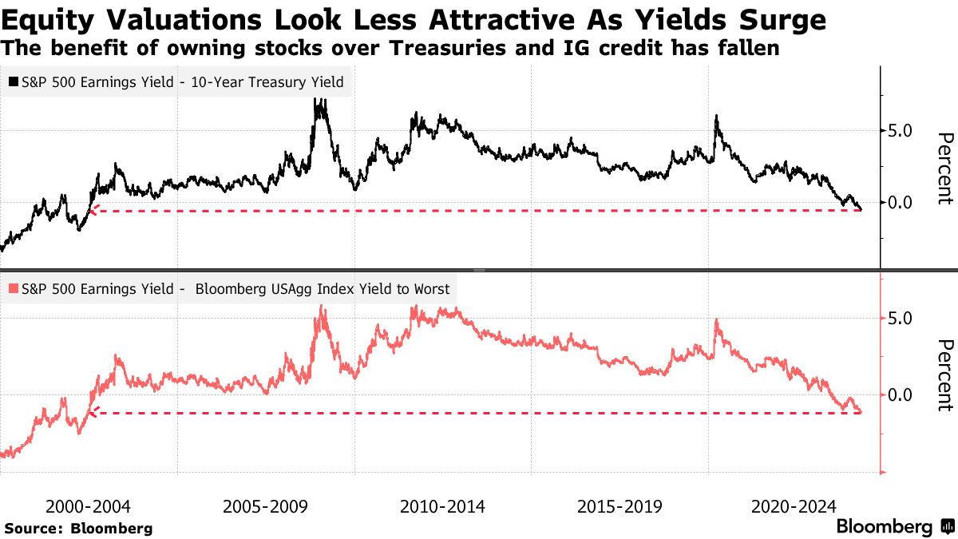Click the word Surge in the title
click(779, 18)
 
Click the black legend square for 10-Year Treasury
click(14, 81)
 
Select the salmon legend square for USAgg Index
click(14, 289)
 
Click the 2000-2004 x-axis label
click(88, 506)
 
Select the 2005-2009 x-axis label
click(265, 506)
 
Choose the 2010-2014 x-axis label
click(442, 506)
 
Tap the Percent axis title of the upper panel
click(944, 168)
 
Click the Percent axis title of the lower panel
click(944, 375)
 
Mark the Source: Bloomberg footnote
click(78, 528)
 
